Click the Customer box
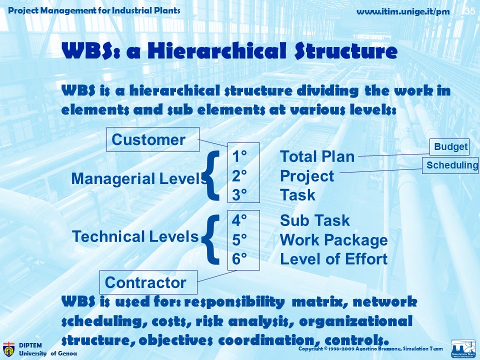click(x=153, y=139)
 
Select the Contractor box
click(x=148, y=282)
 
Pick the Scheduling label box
click(x=450, y=165)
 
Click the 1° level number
click(x=239, y=156)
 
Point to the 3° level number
click(x=239, y=195)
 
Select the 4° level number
click(x=239, y=220)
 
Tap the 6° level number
click(x=239, y=259)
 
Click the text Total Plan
click(x=317, y=156)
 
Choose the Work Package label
click(x=333, y=240)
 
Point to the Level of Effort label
click(x=333, y=259)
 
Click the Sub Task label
click(x=314, y=220)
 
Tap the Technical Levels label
click(x=135, y=236)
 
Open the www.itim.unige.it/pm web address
click(x=403, y=12)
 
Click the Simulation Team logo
click(x=463, y=348)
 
